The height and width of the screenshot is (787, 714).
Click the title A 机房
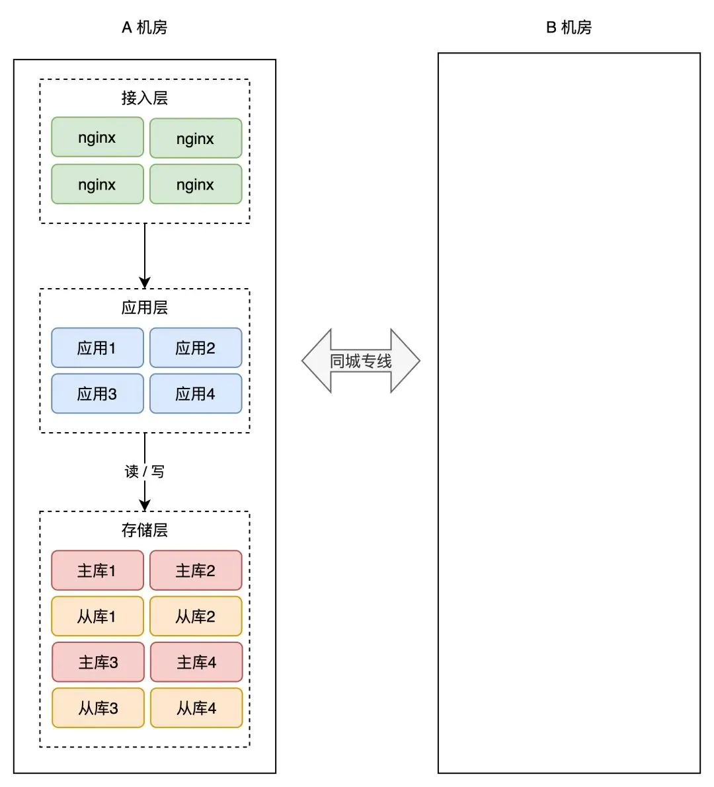point(144,27)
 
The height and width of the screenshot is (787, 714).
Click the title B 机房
point(569,27)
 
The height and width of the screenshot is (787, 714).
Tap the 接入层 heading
point(144,98)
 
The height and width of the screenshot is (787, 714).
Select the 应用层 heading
point(144,307)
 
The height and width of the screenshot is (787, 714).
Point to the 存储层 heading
point(144,530)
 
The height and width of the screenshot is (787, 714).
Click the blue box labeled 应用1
point(97,348)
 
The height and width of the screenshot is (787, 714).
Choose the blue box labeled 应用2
point(196,348)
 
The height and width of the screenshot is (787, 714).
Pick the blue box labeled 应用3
point(97,394)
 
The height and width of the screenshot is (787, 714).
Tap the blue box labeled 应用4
point(196,394)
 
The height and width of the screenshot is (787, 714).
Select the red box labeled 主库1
point(97,570)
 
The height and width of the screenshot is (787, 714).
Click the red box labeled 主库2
point(196,570)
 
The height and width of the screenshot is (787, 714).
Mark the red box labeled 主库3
point(98,662)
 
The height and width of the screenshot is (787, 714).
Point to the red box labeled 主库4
point(196,662)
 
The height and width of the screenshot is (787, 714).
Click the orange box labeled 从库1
point(97,617)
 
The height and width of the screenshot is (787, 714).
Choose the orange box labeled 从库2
point(196,617)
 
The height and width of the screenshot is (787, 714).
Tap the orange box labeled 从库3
point(98,708)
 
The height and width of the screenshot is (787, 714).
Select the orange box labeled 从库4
point(196,708)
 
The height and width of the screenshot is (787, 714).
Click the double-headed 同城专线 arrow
point(361,361)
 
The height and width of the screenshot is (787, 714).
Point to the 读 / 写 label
point(144,471)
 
